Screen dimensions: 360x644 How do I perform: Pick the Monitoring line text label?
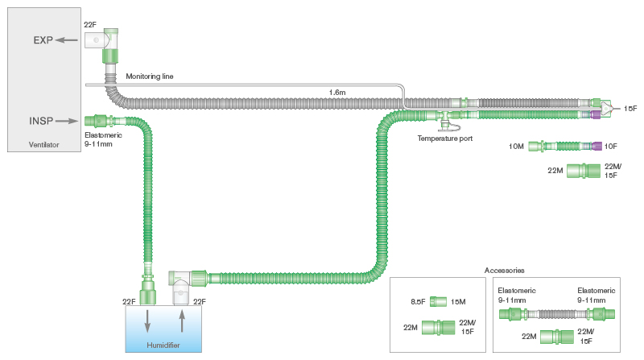point(149,77)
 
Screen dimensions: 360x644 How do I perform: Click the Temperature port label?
point(444,139)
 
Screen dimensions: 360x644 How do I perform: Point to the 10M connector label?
point(517,146)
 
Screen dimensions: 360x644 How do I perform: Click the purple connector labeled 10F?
point(597,146)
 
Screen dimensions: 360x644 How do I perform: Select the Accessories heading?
point(504,271)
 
